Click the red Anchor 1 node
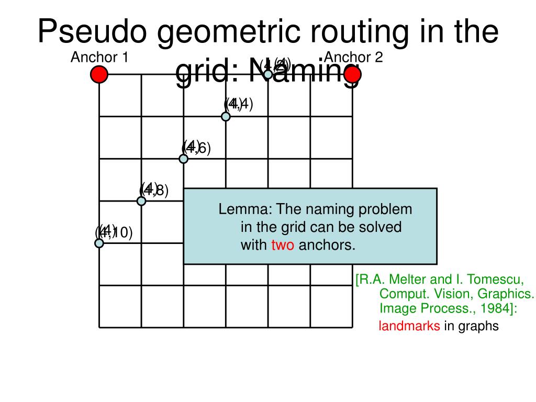coord(99,74)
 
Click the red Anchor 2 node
coord(353,74)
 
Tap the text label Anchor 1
coord(99,57)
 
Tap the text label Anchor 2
coord(354,57)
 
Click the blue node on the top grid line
coord(268,74)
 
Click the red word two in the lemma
coord(283,244)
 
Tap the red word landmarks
coord(409,326)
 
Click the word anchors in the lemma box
coord(327,244)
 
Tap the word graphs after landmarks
coord(479,326)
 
